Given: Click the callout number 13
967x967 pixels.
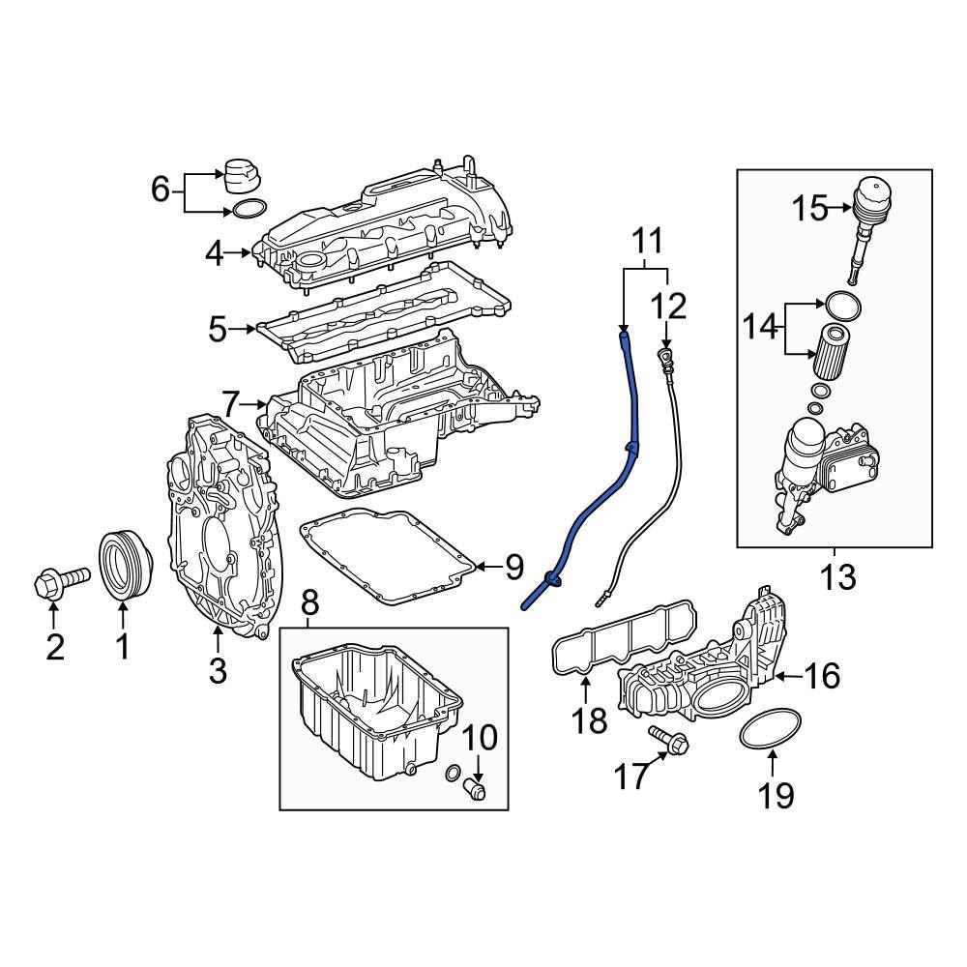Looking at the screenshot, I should [x=837, y=577].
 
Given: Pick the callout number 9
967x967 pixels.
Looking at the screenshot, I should [x=513, y=567].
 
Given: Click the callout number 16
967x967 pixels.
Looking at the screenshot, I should [x=823, y=676].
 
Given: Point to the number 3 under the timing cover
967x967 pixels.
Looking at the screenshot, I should [x=218, y=668].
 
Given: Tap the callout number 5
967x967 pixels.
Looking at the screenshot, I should [x=219, y=330].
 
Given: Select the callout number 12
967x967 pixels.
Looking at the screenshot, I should [x=667, y=307].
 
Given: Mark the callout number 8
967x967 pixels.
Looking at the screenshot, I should [x=308, y=605].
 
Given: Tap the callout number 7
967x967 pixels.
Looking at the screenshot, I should [x=230, y=401].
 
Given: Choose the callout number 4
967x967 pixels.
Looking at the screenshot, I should [x=215, y=254].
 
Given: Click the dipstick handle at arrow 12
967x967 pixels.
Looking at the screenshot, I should [x=665, y=361].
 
